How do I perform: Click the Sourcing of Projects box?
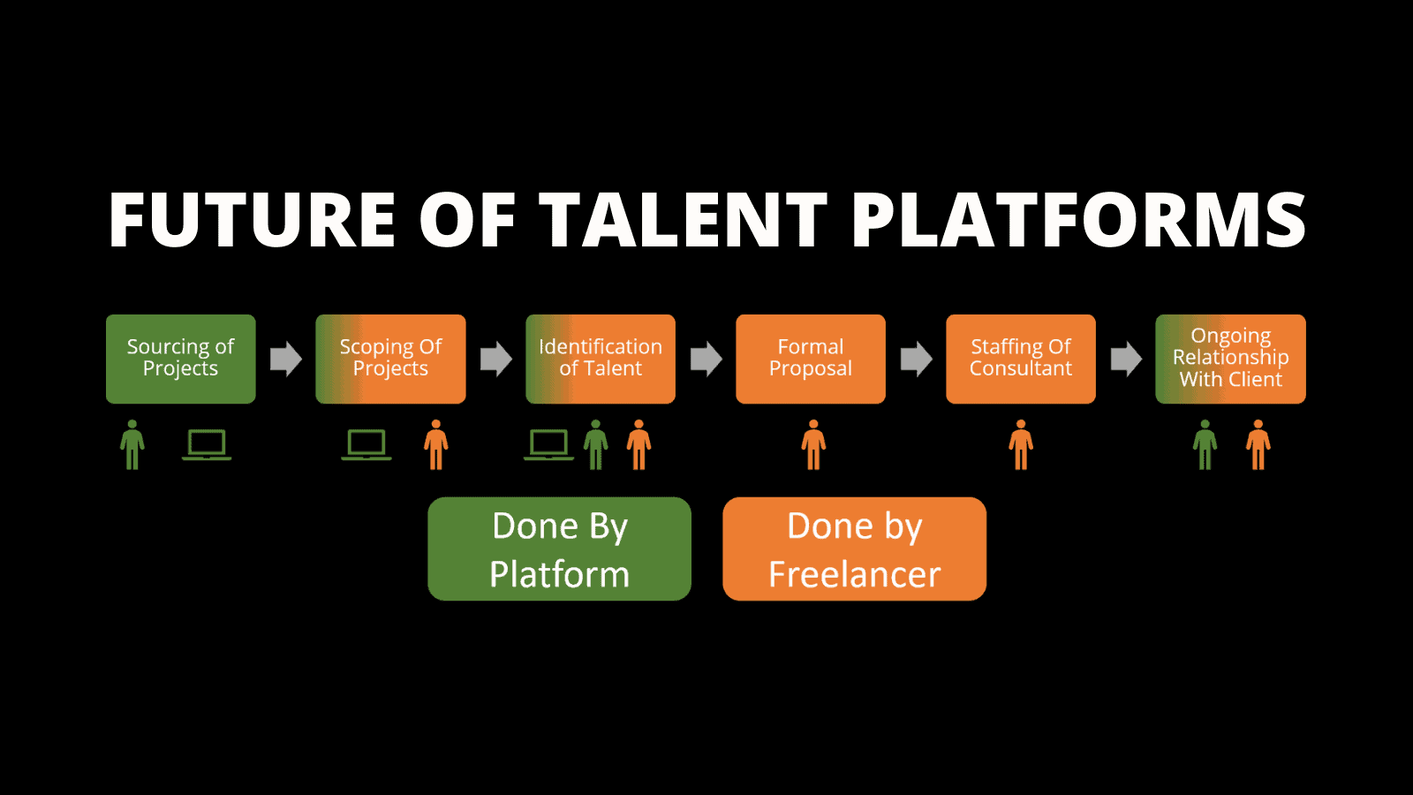180,359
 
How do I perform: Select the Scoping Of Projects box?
390,359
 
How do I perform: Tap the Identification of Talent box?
601,359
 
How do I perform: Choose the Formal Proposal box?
811,359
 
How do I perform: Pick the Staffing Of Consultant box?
1021,359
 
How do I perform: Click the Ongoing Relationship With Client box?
1230,359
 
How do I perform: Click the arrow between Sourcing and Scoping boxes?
285,359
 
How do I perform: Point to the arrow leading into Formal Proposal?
706,359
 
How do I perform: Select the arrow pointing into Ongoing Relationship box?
1126,359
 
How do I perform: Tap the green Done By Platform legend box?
559,549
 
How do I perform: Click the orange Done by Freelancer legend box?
854,549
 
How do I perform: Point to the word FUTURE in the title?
252,221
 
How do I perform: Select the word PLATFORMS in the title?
1078,221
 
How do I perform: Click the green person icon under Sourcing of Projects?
132,444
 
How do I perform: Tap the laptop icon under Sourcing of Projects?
207,444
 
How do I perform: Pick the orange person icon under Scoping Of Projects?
436,444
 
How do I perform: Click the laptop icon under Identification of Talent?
548,444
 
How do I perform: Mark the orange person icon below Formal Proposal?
813,444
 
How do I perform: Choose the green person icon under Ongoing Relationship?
1205,444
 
